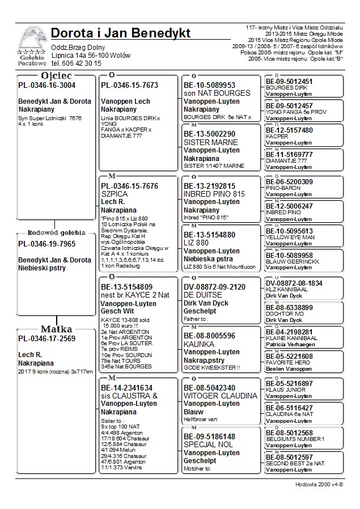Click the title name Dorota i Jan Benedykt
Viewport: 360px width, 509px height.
coord(120,33)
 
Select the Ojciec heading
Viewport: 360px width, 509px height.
coord(56,75)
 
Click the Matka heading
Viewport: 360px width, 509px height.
coord(56,329)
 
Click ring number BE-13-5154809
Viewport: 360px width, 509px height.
coord(126,287)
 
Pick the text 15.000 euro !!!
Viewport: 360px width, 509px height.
coord(120,326)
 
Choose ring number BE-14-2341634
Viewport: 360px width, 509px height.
coord(126,388)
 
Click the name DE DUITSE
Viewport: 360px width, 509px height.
coord(203,295)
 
